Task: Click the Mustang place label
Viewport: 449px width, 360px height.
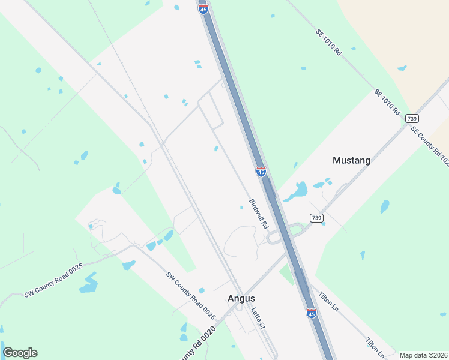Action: click(351, 160)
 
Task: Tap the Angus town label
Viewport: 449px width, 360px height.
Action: click(241, 298)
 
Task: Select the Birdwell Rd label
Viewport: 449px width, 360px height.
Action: click(258, 214)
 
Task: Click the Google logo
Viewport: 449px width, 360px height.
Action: click(20, 353)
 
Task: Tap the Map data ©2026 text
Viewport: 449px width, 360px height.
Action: click(423, 355)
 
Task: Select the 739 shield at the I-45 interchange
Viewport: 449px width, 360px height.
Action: click(316, 217)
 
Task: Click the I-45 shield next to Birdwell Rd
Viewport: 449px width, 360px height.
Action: click(261, 172)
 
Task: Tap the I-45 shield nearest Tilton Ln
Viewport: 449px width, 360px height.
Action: click(311, 313)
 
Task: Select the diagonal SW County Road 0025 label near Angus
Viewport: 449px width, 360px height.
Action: click(191, 295)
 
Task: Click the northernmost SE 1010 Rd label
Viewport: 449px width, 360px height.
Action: click(329, 43)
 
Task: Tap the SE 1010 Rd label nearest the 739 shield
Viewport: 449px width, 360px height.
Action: click(387, 102)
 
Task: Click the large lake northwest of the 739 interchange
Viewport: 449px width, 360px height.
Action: click(296, 191)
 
